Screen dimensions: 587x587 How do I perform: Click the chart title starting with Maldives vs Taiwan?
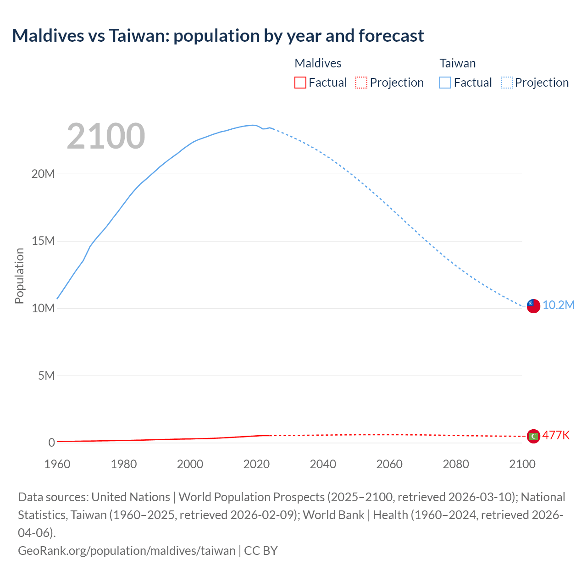click(218, 35)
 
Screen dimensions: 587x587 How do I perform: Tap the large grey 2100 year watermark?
click(106, 136)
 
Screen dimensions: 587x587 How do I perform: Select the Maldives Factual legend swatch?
click(300, 83)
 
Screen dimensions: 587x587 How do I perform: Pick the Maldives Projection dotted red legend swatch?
click(361, 83)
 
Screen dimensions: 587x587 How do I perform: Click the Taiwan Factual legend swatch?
click(445, 83)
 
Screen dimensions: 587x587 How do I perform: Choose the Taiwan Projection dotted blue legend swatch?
click(506, 83)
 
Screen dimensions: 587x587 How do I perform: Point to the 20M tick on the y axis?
click(43, 174)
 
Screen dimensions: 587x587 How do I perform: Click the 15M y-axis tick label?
click(43, 241)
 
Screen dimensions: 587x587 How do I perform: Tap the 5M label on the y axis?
click(46, 376)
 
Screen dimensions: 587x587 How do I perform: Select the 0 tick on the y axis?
click(51, 443)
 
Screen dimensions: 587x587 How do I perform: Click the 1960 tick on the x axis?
click(57, 464)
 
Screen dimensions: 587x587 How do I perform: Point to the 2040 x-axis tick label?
click(323, 464)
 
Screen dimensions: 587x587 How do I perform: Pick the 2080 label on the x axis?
click(456, 464)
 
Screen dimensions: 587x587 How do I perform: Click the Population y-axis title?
click(19, 276)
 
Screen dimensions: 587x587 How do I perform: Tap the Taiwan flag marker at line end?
click(533, 306)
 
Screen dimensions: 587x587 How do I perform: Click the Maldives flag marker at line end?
click(533, 436)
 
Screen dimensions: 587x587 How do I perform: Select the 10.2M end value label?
click(558, 305)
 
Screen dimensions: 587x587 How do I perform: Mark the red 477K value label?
click(556, 436)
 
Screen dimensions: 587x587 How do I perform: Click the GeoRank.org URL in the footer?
click(127, 550)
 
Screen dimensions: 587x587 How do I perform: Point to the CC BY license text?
click(261, 550)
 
